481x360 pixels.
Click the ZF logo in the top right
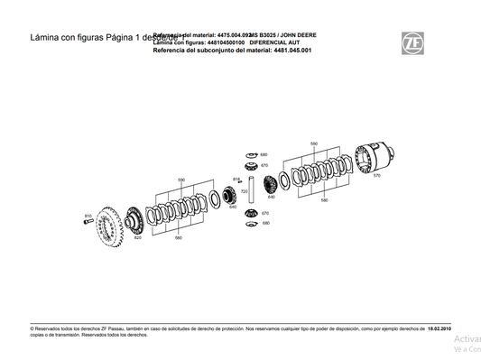(412, 41)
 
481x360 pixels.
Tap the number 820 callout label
(137, 238)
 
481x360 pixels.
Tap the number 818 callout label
(237, 180)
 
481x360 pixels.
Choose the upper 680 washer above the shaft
(251, 154)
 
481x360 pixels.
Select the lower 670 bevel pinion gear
(253, 213)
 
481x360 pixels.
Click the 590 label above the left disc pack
(180, 180)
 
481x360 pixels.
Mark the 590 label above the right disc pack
(313, 143)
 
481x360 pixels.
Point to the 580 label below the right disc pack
(324, 200)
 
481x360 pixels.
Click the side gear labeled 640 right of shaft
(272, 186)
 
